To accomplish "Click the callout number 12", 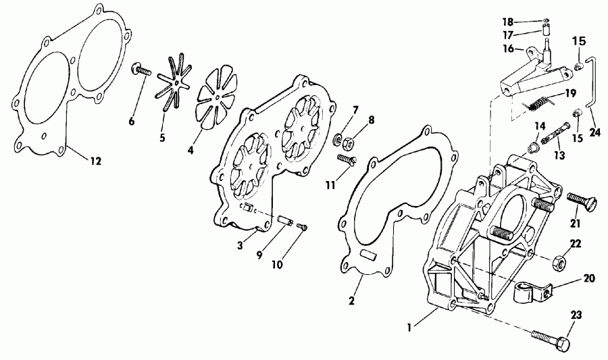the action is tap(95, 161).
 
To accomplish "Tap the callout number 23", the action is tap(576, 315).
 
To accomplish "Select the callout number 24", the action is tap(594, 132).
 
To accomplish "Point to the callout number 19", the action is tap(570, 93).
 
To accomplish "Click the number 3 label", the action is tap(240, 245).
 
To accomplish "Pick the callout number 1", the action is tap(409, 328).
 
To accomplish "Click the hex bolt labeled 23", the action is tap(551, 338).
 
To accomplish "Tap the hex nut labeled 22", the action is tap(558, 263).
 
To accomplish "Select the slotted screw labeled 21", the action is tap(581, 201).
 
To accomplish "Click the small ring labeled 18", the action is tap(547, 20).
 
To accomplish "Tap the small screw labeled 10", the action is tap(302, 227).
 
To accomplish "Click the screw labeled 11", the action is tap(347, 161).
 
